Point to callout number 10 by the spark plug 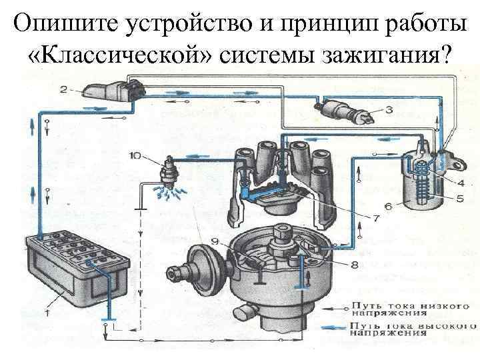pyautogui.click(x=135, y=156)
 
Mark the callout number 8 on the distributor pyautogui.click(x=353, y=265)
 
